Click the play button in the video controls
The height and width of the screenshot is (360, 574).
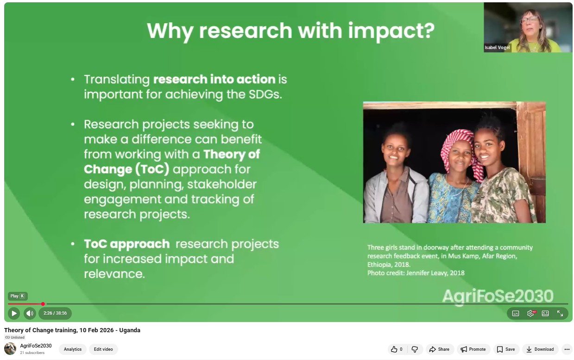pos(14,313)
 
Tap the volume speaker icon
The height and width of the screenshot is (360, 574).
pos(30,313)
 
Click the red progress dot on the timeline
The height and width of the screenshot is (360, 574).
pos(43,304)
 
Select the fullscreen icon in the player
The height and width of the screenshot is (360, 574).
pos(560,313)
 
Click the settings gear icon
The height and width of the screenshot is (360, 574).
pos(530,313)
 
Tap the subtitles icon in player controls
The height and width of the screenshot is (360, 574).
pos(516,313)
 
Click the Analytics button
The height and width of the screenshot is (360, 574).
pos(73,349)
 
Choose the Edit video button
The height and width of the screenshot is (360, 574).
pos(103,349)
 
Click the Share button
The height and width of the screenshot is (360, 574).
pos(440,349)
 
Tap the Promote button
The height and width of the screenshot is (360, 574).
pos(473,349)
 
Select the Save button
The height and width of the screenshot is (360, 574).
pos(506,349)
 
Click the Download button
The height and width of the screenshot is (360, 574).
pos(540,349)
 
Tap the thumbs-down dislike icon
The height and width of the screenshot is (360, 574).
pos(415,349)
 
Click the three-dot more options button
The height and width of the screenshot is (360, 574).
pos(567,349)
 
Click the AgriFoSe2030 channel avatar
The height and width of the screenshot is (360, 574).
pos(10,349)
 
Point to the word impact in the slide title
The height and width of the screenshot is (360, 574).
pos(391,31)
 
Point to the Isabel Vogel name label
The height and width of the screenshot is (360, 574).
pos(497,47)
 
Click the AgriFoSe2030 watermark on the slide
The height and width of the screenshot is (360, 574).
pos(498,297)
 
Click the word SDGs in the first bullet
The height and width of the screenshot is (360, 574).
pos(265,95)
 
